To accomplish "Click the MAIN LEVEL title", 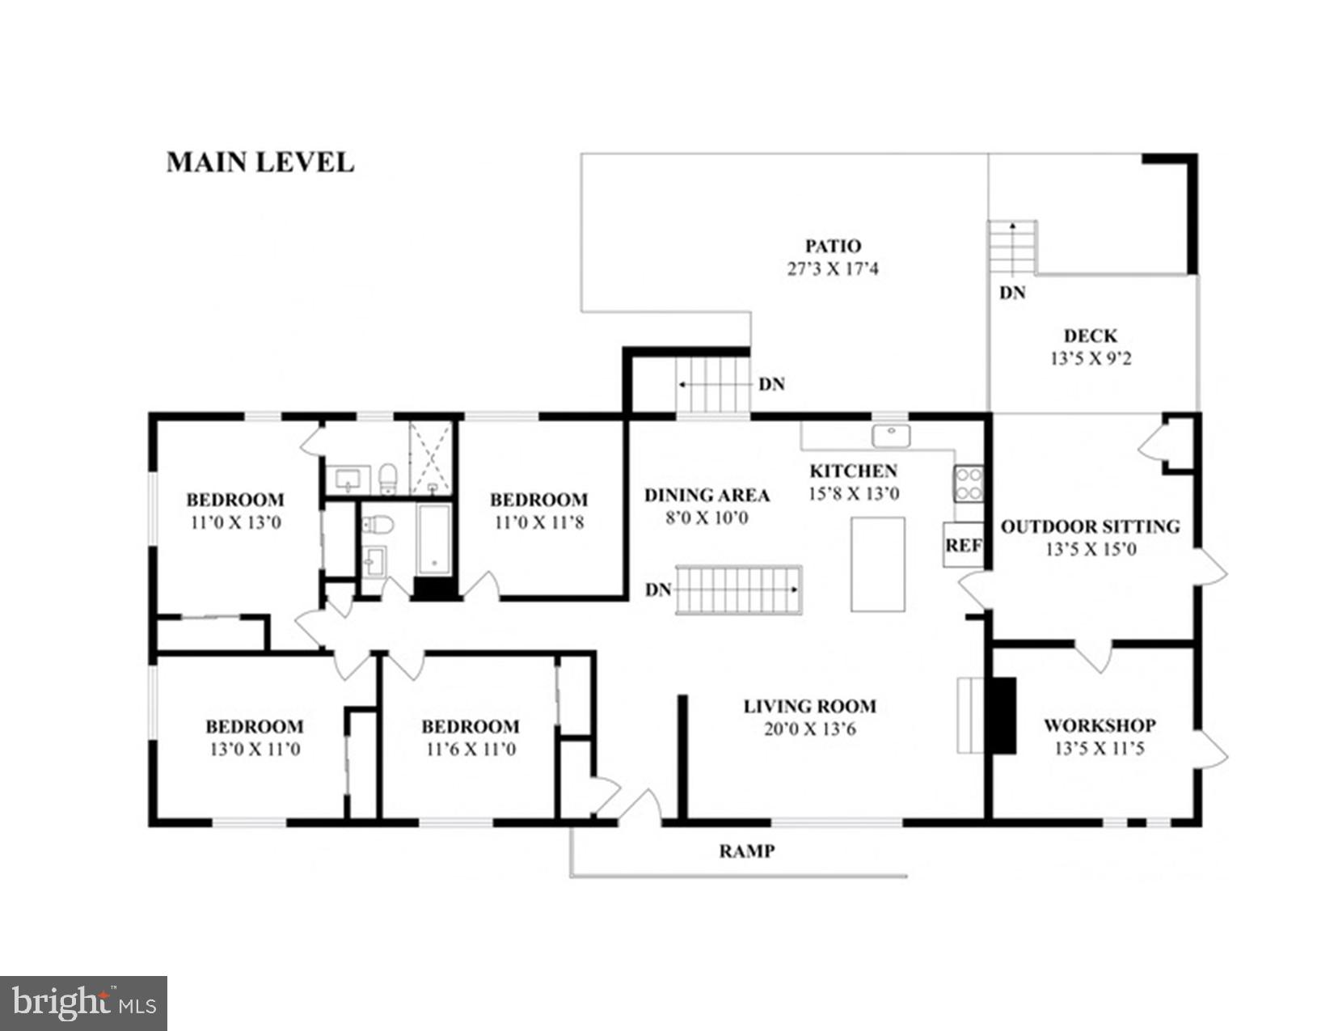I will (x=260, y=163).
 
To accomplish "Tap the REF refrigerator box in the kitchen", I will (x=963, y=545).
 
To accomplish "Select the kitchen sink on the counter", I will (x=891, y=435).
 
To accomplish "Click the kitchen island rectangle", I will (x=877, y=564).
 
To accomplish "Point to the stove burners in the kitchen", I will (x=969, y=484).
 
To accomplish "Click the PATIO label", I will (x=833, y=246).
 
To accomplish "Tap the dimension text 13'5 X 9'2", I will (x=1091, y=358).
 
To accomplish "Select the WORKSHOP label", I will (x=1100, y=725).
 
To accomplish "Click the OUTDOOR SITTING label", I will (x=1090, y=526).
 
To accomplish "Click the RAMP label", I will (x=747, y=851).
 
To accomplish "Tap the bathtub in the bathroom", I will (x=434, y=539).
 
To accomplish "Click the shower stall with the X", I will (x=431, y=458).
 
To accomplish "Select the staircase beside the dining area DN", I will (x=737, y=589).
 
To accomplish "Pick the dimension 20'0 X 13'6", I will (x=809, y=729).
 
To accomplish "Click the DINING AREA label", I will (x=707, y=495).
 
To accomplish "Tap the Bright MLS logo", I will (x=83, y=1004).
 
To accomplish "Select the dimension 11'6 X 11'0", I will (x=471, y=749).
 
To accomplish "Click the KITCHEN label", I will (x=853, y=471).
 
